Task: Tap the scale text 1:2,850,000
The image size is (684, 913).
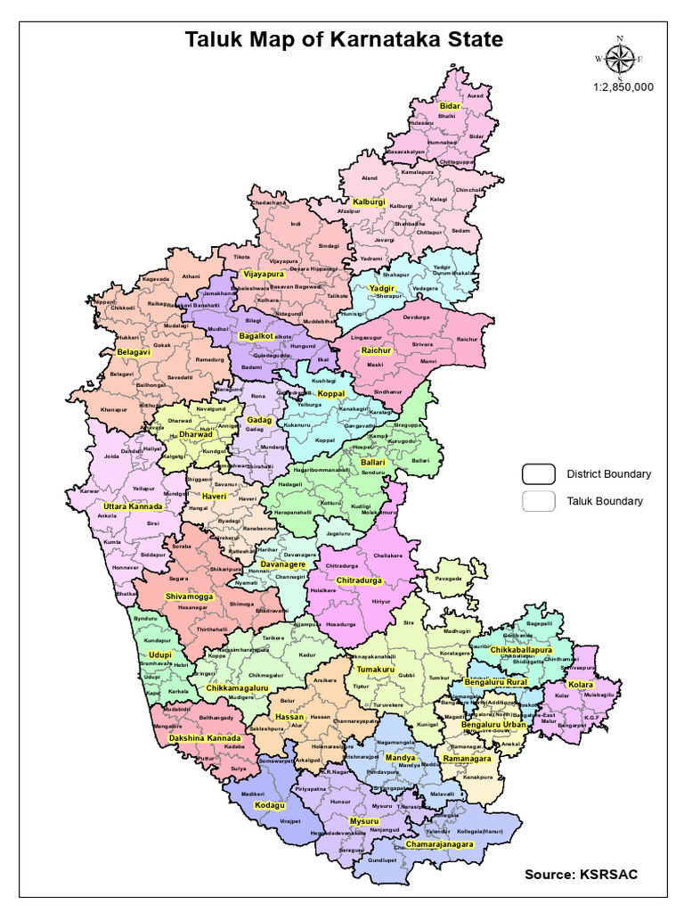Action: (x=623, y=87)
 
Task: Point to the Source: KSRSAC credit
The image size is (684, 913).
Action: (x=580, y=874)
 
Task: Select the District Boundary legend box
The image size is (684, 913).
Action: (x=538, y=473)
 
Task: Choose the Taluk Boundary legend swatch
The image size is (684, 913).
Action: (x=538, y=500)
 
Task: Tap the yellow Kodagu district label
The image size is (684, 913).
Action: (x=270, y=805)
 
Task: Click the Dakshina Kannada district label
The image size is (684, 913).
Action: (x=205, y=738)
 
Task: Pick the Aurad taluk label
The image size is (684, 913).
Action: (x=476, y=95)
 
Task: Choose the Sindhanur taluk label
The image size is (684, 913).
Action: (x=387, y=391)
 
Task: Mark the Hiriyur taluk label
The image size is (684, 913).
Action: (x=381, y=602)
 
